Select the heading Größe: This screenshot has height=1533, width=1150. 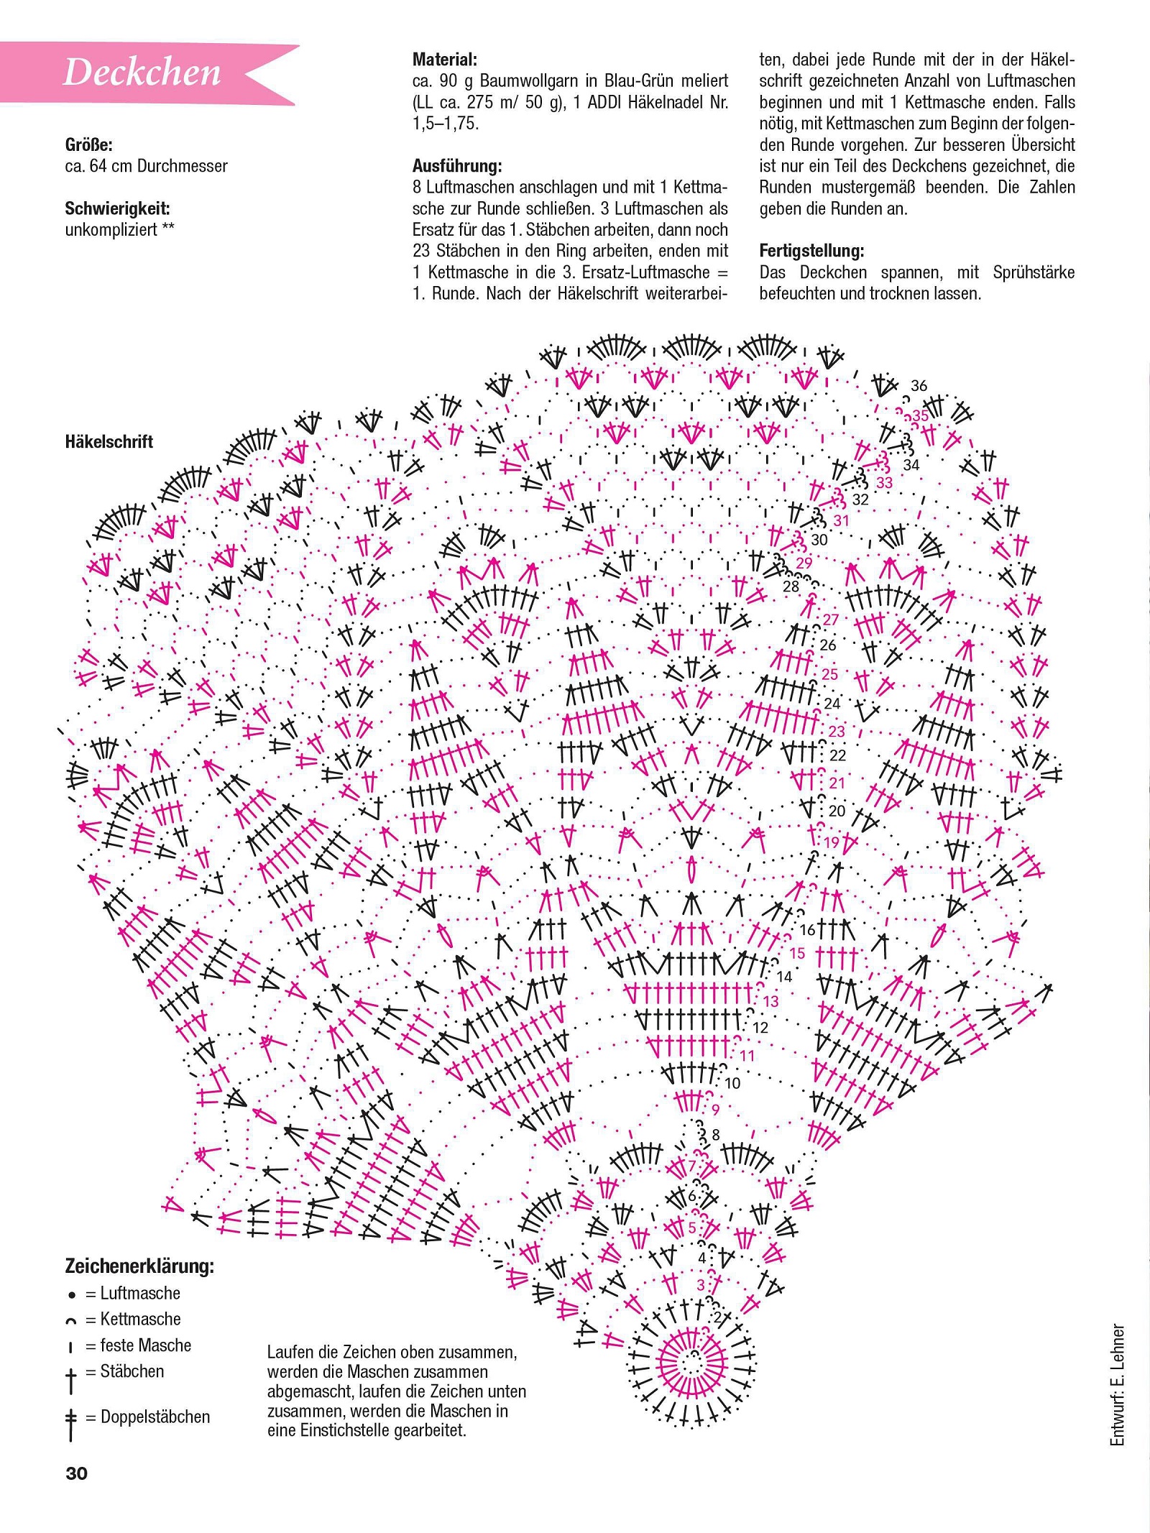[x=89, y=144]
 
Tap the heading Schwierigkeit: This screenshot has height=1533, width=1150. [x=118, y=208]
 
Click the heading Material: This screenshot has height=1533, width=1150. [x=445, y=60]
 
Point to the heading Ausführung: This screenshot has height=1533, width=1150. [x=457, y=166]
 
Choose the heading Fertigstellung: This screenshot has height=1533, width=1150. [x=811, y=251]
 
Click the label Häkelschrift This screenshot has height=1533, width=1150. [x=109, y=441]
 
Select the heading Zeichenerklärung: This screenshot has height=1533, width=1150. [x=139, y=1266]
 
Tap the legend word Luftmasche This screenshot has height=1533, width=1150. [x=140, y=1293]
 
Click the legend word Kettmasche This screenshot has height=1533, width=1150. [x=140, y=1319]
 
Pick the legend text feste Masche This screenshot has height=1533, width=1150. [x=146, y=1345]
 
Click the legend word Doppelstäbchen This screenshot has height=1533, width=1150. [x=155, y=1417]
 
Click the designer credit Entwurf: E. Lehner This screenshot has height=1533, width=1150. [x=1117, y=1384]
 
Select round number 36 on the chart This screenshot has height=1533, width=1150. [x=919, y=385]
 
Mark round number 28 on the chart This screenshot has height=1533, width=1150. [x=791, y=586]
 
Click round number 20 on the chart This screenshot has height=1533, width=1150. [x=837, y=811]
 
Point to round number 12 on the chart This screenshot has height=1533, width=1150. [x=760, y=1028]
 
